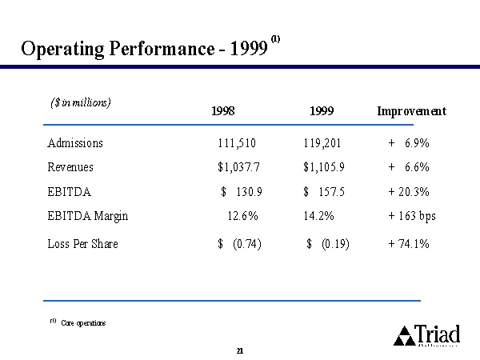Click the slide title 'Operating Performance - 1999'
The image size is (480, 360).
point(144,49)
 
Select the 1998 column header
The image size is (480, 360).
point(223,112)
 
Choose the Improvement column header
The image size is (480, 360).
point(411,112)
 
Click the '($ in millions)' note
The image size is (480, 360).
point(80,102)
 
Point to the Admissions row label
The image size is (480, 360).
point(75,144)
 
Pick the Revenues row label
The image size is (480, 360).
point(70,168)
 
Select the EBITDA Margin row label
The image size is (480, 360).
point(88,216)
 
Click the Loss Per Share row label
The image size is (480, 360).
point(82,243)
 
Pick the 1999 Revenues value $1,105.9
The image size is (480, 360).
point(324,168)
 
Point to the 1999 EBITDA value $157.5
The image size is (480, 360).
point(324,192)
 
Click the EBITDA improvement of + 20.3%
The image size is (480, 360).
point(409,192)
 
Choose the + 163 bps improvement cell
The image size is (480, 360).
point(412,216)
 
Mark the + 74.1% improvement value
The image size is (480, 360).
point(409,243)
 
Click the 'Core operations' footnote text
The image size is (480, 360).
point(83,323)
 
